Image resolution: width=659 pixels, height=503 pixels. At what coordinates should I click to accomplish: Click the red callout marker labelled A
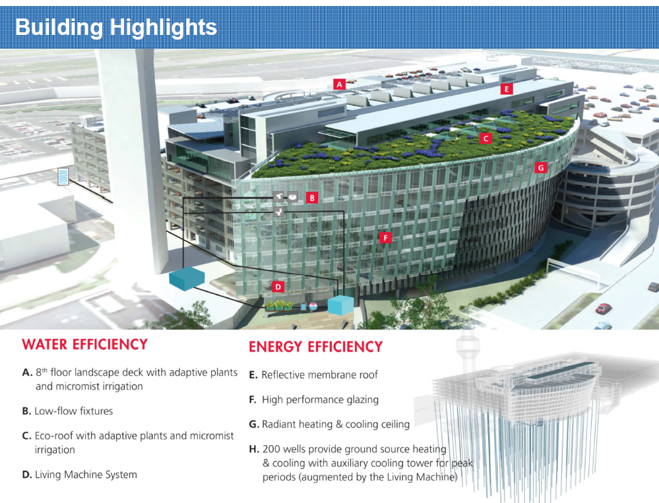tap(339, 84)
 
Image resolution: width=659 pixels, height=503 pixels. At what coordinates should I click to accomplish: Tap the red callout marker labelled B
tap(312, 197)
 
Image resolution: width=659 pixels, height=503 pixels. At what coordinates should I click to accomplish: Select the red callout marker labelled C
tap(486, 139)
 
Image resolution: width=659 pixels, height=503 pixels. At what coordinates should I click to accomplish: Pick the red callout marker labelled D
tap(278, 287)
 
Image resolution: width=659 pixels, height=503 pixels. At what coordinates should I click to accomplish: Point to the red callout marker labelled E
tap(507, 89)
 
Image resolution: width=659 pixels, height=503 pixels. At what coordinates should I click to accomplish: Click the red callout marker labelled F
tap(386, 238)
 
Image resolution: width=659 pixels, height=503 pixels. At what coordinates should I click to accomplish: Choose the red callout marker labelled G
tap(541, 168)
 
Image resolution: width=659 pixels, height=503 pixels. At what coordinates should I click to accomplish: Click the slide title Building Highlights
tap(115, 27)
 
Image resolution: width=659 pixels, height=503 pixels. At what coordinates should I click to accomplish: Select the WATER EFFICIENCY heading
tap(84, 344)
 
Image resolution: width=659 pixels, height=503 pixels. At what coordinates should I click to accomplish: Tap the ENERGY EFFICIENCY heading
tap(315, 347)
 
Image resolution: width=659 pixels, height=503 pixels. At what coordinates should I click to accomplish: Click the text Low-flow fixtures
tap(73, 411)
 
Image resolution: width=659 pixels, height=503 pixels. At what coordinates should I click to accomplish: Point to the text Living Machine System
tap(86, 474)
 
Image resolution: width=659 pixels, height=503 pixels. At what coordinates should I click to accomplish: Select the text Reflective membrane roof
tap(319, 374)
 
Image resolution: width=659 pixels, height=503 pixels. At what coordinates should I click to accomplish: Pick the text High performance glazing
tap(320, 399)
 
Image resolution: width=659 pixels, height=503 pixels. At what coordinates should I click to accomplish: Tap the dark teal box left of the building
tap(187, 278)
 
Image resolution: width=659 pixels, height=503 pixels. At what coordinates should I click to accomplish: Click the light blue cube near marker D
tap(341, 305)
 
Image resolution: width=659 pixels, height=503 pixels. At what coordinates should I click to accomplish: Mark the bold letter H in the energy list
tap(253, 450)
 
